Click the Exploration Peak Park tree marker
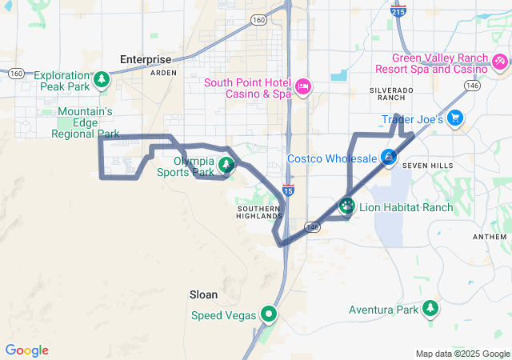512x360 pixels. [101, 78]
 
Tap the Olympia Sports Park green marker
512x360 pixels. [227, 165]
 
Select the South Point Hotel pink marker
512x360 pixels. [303, 86]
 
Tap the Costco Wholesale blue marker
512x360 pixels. [388, 158]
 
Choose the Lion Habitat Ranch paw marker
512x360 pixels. [346, 206]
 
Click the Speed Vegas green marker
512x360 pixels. [270, 314]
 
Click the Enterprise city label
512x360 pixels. [145, 59]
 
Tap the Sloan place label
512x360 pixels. [202, 294]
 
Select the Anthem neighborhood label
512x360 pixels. [490, 237]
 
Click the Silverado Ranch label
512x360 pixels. [392, 93]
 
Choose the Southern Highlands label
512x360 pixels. [260, 211]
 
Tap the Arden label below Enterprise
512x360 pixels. [162, 72]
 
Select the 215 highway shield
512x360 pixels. [398, 12]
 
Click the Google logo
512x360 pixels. [27, 350]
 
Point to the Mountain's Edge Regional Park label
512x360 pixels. [85, 122]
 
